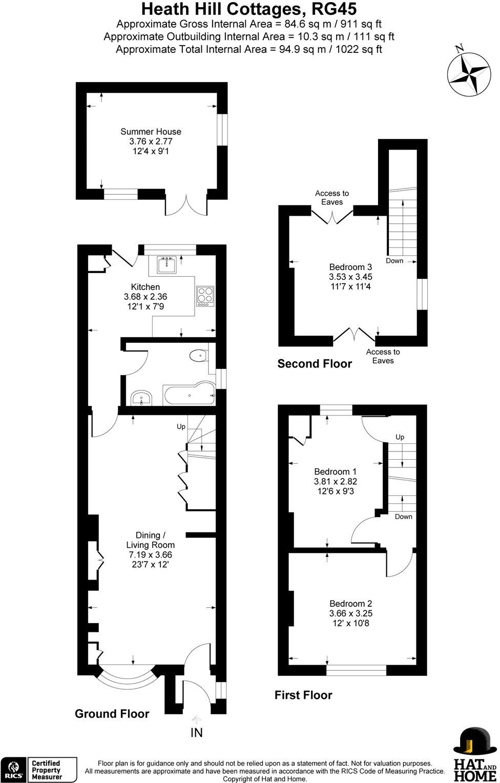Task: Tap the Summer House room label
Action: click(151, 132)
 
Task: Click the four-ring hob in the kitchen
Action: click(206, 296)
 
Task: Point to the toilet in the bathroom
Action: click(197, 355)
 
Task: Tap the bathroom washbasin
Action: click(141, 398)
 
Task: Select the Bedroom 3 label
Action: click(350, 267)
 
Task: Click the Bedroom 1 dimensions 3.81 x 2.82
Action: click(335, 481)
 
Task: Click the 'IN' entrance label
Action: click(197, 733)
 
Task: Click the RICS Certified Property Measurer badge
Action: click(40, 770)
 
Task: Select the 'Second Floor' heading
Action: click(315, 364)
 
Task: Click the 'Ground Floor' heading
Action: click(112, 714)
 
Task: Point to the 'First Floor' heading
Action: click(303, 695)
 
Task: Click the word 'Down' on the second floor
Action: click(394, 261)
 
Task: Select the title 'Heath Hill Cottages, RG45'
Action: click(249, 9)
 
